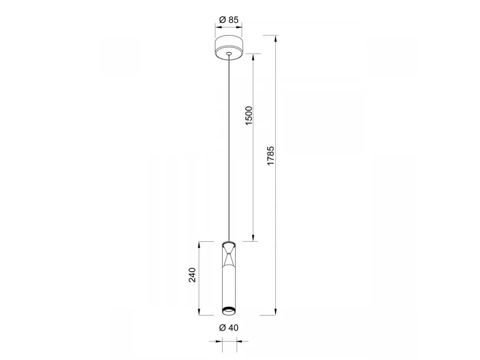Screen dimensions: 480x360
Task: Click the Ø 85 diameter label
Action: coord(228,20)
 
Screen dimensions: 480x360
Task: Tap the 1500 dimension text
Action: coord(249,116)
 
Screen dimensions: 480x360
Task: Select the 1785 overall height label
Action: coord(270,156)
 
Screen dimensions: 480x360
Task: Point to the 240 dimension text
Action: coord(192,275)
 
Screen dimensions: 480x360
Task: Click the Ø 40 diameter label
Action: coord(229,334)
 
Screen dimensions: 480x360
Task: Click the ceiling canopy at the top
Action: coord(228,47)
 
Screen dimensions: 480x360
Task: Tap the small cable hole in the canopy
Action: coord(229,53)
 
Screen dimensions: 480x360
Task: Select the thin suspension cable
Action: coord(229,148)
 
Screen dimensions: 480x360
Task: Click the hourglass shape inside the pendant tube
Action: coord(229,255)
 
